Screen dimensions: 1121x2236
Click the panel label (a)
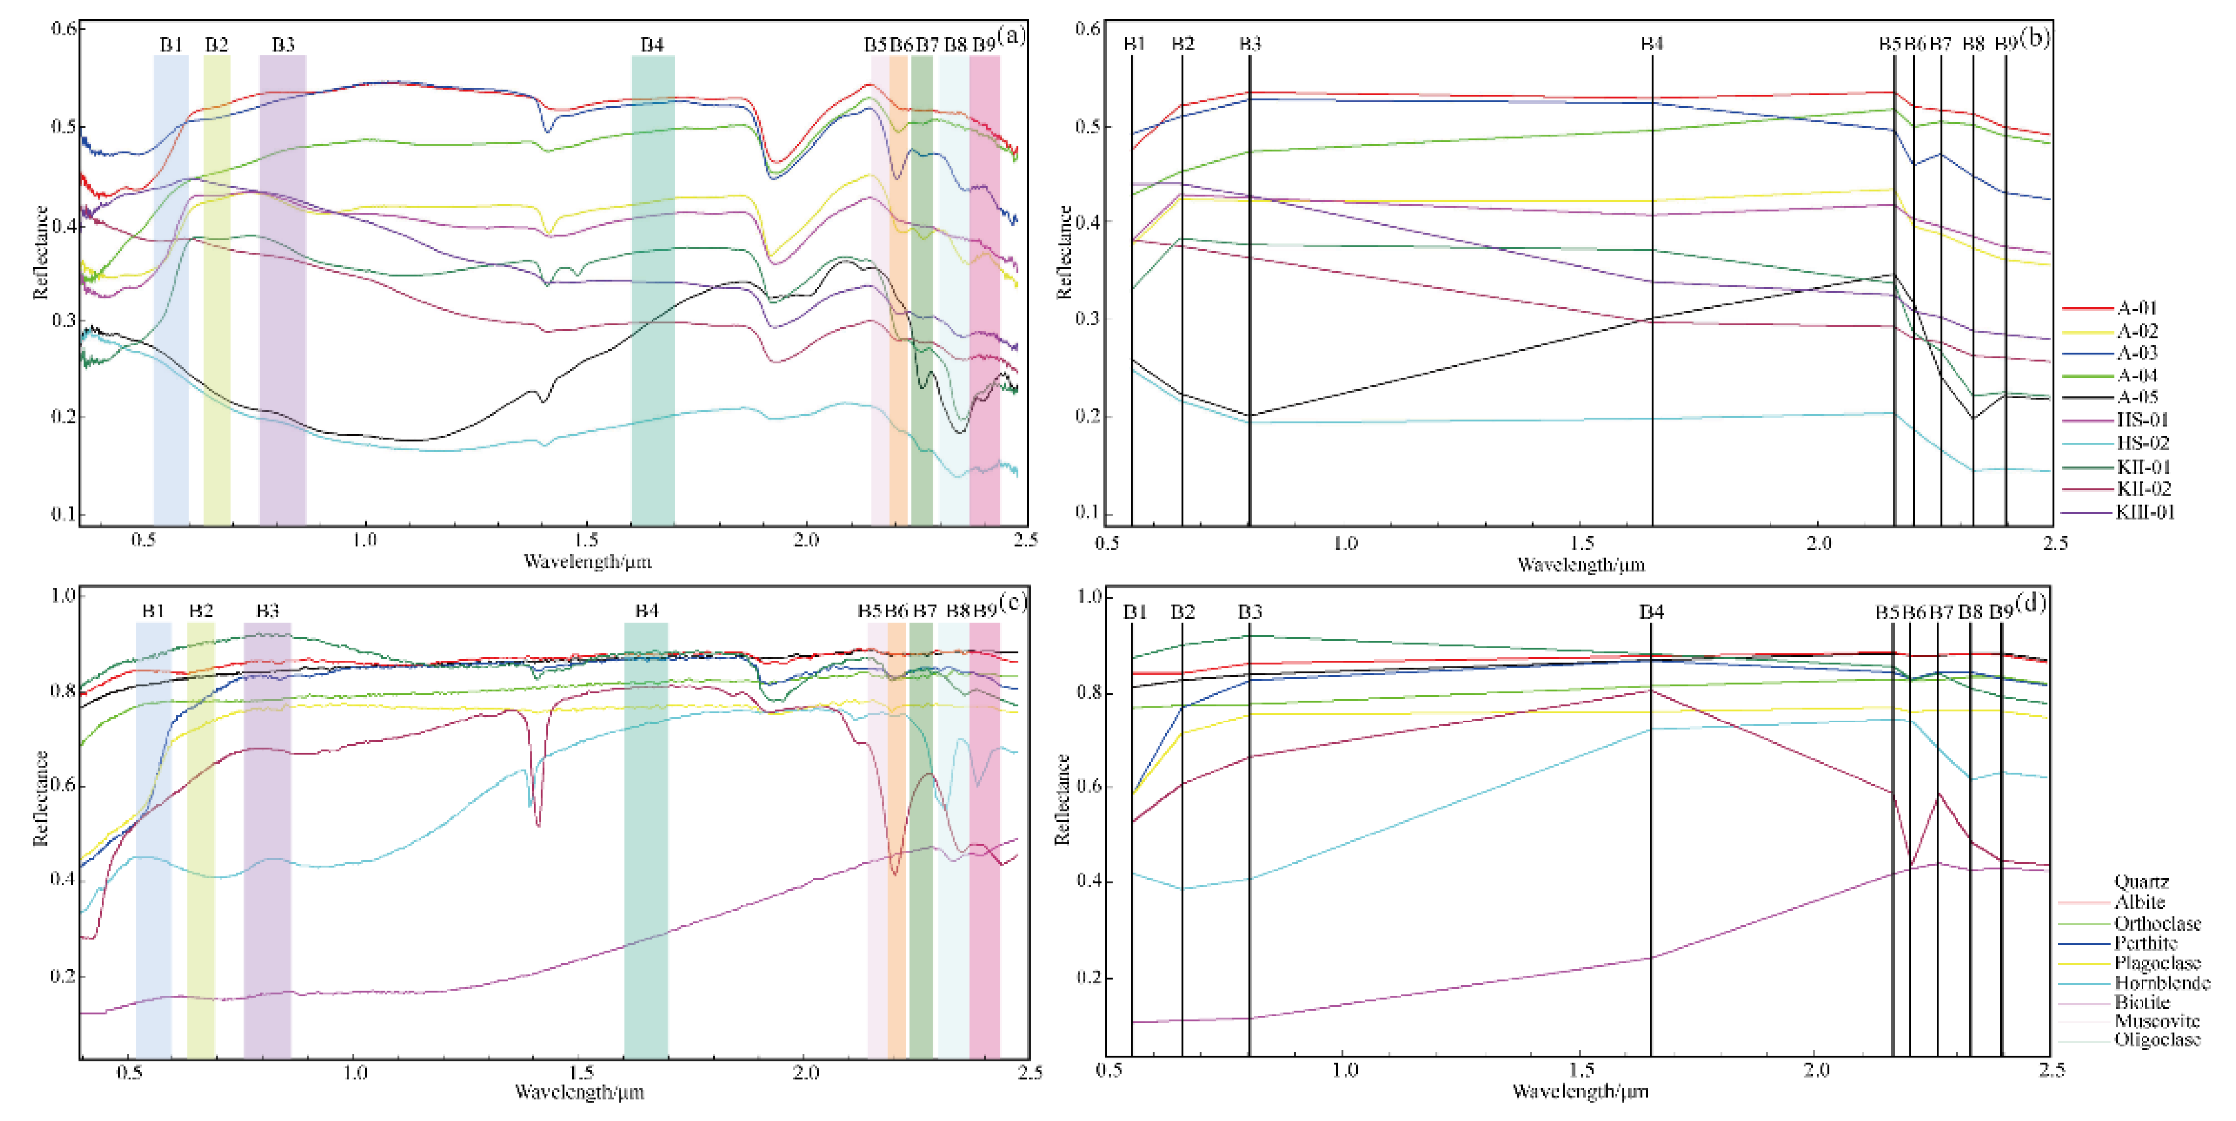point(1012,35)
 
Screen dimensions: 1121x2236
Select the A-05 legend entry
point(2136,397)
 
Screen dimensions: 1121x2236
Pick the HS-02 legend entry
point(2142,443)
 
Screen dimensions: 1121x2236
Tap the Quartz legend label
point(2142,881)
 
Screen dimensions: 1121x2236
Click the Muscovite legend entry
point(2157,1021)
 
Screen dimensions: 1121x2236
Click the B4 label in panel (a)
point(652,45)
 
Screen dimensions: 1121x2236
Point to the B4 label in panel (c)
point(647,611)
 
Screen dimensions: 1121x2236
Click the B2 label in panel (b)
point(1183,43)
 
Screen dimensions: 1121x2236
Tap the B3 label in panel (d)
point(1249,611)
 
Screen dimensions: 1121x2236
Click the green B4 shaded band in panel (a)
point(653,286)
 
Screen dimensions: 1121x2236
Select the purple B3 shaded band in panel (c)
point(268,833)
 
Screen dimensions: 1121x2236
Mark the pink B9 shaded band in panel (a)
point(984,286)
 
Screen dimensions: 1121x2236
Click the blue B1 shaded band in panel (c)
point(154,833)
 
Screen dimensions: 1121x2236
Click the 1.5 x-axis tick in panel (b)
point(1583,543)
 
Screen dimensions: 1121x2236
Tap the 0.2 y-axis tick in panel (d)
point(1089,977)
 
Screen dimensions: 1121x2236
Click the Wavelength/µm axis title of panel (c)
point(579,1092)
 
